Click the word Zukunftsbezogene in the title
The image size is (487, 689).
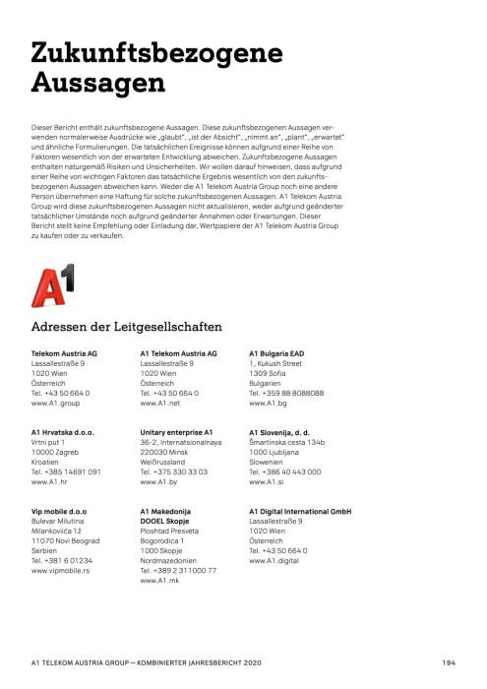[156, 54]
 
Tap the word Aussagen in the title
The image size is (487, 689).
[97, 84]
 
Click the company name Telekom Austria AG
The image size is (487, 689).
[64, 352]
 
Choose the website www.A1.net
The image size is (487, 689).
[161, 404]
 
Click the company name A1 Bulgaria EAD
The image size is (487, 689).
[276, 352]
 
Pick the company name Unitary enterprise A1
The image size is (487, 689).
[177, 432]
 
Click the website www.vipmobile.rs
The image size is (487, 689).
[61, 570]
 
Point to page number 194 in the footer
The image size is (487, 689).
[448, 661]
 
